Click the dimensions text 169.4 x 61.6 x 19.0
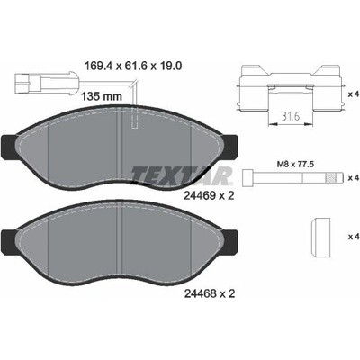tap(133, 66)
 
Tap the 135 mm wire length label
tap(102, 96)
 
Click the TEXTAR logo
tap(182, 175)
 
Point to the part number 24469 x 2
tap(209, 196)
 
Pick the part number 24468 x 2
tap(209, 293)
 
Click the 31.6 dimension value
tap(291, 117)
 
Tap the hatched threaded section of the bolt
tap(330, 178)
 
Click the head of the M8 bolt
tap(247, 176)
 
